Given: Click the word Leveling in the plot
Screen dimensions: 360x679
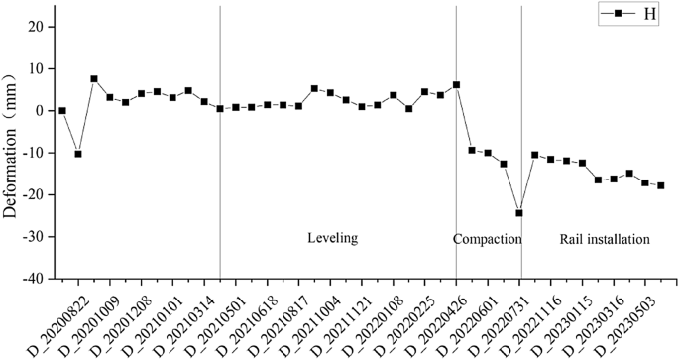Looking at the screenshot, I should coord(332,239).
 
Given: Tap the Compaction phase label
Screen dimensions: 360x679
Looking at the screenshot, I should coord(487,240).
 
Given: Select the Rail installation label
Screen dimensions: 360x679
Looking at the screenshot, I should coord(605,240).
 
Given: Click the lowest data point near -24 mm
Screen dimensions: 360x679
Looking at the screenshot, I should coord(519,213).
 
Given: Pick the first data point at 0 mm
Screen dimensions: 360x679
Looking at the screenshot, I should coord(62,111).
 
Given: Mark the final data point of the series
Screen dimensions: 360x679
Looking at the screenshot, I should coord(661,185).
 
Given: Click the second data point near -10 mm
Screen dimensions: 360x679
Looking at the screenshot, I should coord(78,154).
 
